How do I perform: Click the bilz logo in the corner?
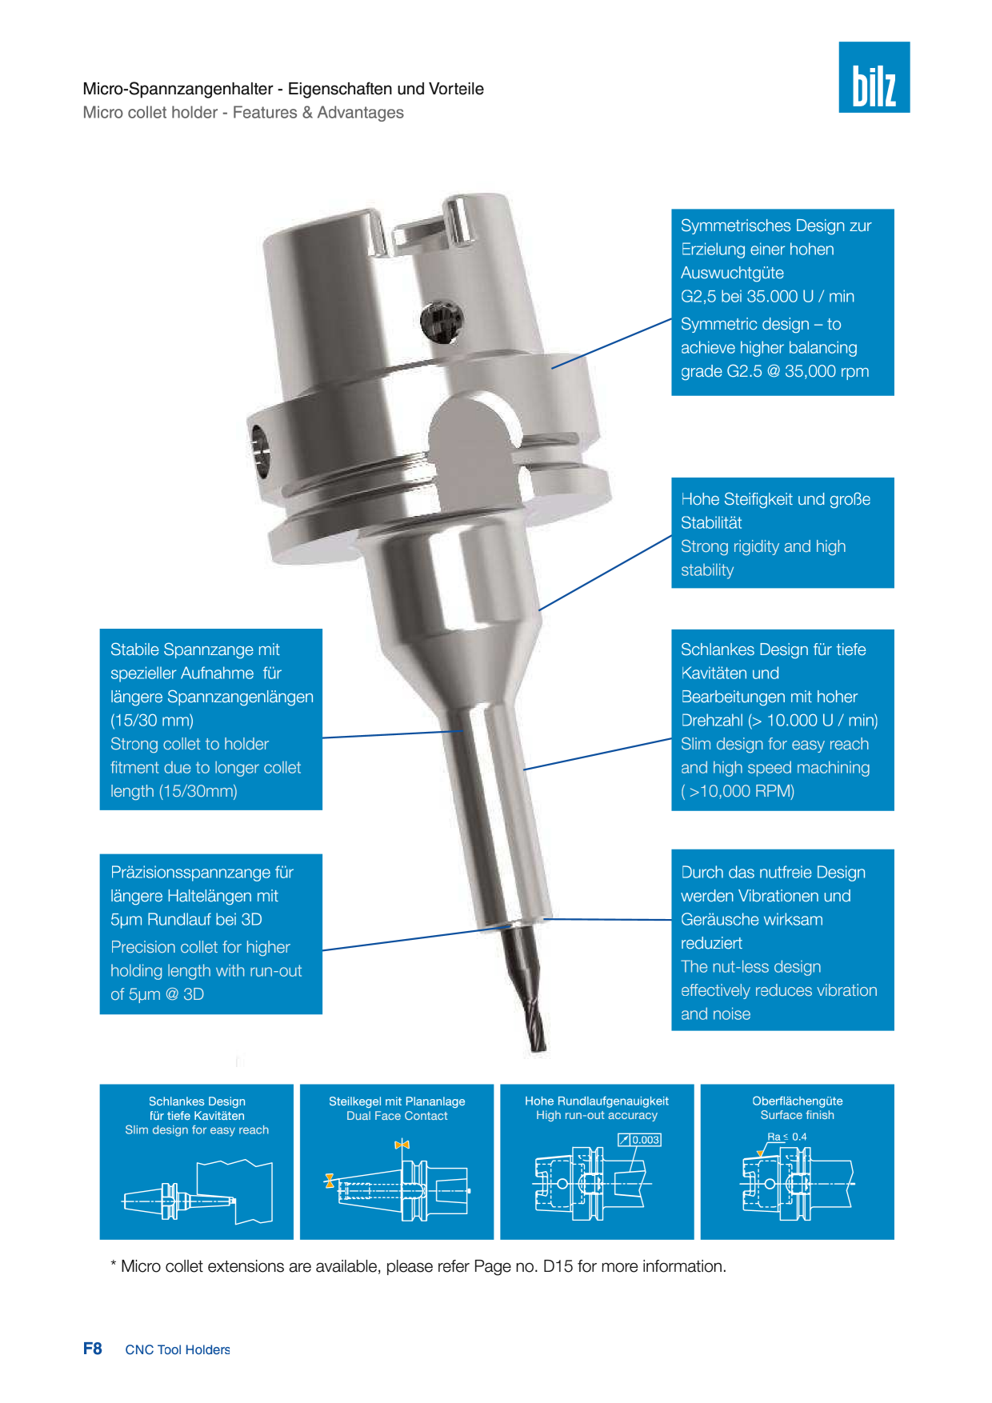[x=874, y=77]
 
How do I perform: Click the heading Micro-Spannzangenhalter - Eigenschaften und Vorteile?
[x=283, y=89]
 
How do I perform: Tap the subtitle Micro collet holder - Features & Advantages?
[x=243, y=113]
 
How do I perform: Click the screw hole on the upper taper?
[x=441, y=322]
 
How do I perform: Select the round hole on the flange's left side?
[x=261, y=452]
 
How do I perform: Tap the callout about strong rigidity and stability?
[x=782, y=533]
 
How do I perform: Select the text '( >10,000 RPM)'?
[x=738, y=791]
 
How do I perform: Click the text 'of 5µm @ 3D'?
[x=157, y=994]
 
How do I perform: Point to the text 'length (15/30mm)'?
[x=174, y=791]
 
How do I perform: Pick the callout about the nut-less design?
[x=782, y=940]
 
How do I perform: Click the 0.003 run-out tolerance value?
[x=646, y=1140]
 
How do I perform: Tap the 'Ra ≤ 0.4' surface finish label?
[x=787, y=1137]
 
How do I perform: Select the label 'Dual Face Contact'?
[x=397, y=1116]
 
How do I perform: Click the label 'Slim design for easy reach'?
[x=197, y=1130]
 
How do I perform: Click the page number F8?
[x=93, y=1349]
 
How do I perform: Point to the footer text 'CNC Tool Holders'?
[x=178, y=1349]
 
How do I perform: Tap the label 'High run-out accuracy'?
[x=597, y=1115]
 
